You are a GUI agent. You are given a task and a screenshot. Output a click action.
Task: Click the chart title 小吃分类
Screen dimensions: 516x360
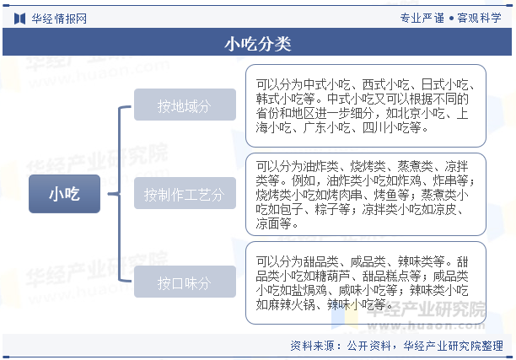click(x=258, y=44)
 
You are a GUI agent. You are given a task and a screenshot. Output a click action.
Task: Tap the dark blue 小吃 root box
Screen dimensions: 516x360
click(x=64, y=194)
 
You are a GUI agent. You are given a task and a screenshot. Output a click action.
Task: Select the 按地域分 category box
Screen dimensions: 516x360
click(x=185, y=105)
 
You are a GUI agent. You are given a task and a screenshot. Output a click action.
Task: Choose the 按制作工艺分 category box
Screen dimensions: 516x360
click(x=185, y=193)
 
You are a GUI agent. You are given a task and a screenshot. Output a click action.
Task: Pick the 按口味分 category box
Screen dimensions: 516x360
click(x=185, y=282)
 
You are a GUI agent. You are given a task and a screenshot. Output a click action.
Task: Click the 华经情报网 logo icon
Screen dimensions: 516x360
click(x=19, y=19)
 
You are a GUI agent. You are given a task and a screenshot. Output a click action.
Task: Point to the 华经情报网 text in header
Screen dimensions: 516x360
click(x=59, y=19)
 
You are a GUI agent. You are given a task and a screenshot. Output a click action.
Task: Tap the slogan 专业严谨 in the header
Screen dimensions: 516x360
click(x=422, y=18)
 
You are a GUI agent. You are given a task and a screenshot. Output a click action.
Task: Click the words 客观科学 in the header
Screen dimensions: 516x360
click(x=479, y=18)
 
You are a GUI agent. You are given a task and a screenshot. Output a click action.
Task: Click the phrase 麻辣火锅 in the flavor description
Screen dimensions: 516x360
click(x=291, y=304)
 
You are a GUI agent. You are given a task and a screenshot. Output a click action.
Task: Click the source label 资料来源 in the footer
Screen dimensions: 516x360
click(x=312, y=346)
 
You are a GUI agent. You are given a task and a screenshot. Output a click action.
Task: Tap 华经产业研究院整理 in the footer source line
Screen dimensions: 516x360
click(x=454, y=346)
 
